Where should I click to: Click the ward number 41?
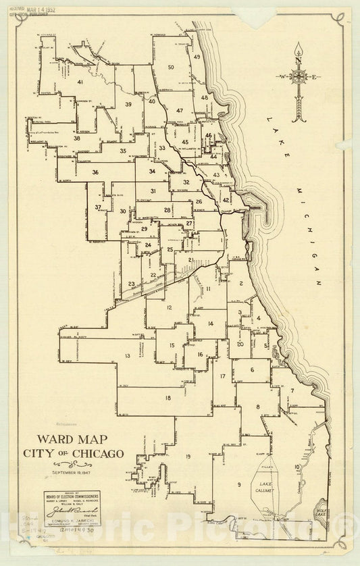(80, 82)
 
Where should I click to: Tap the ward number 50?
(171, 67)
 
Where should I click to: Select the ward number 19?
(188, 457)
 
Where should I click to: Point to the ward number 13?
(126, 355)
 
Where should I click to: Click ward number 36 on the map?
(96, 172)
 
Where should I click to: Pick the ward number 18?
(168, 398)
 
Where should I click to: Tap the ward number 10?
(297, 467)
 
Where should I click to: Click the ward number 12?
(170, 308)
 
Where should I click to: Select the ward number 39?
(128, 104)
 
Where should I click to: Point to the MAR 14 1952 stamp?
(41, 11)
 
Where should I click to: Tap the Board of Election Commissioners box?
(73, 509)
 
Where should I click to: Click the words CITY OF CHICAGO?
(72, 453)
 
